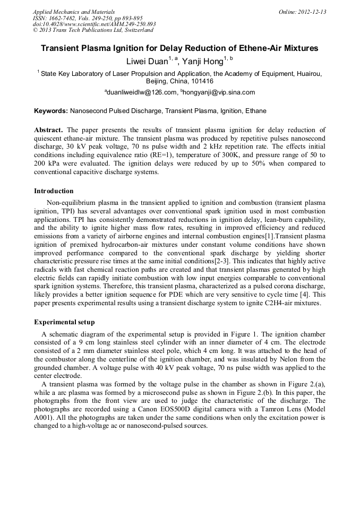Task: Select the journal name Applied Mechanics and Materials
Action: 73,12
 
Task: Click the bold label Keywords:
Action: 51,111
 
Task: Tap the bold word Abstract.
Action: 48,130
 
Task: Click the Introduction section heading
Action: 54,191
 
